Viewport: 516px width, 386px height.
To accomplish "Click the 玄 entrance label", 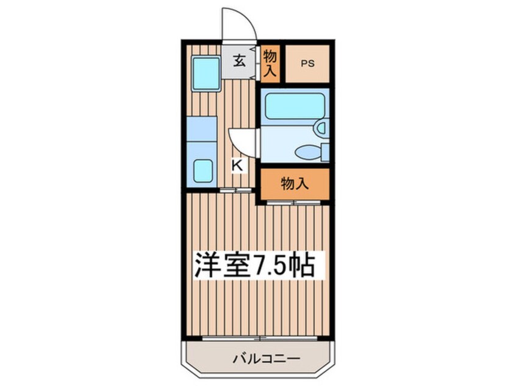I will click(240, 61).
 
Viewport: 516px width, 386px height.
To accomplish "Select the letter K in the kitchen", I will click(238, 164).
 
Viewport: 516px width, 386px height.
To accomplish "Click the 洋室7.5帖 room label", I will click(254, 265).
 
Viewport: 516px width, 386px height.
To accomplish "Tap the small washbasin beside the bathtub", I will click(320, 128).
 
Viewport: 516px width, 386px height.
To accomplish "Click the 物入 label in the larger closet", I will click(295, 182).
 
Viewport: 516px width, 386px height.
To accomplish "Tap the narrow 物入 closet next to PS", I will click(270, 63).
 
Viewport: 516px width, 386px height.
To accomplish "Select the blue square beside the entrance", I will click(205, 72).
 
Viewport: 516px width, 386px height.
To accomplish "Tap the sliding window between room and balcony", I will click(259, 337).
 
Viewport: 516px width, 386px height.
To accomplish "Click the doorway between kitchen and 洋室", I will click(235, 191).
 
